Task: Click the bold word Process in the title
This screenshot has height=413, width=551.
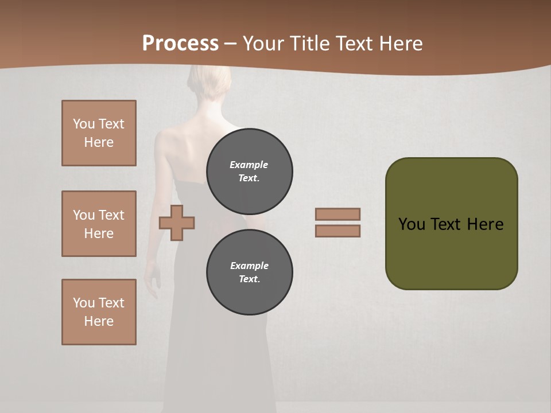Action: tap(180, 43)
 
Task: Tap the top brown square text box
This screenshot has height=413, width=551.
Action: tap(99, 133)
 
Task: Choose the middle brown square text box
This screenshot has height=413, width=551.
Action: tap(99, 224)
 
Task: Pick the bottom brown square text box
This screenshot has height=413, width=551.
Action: tap(99, 312)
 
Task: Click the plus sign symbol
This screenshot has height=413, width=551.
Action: tap(177, 223)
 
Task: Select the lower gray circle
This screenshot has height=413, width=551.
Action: tap(250, 272)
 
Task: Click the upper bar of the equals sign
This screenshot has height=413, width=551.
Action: tap(337, 214)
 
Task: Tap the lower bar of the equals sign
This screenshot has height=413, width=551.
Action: tap(337, 231)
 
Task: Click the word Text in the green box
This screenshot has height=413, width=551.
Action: tap(447, 224)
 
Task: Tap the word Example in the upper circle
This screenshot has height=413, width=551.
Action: tap(249, 165)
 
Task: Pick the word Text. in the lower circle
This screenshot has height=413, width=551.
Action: tap(250, 279)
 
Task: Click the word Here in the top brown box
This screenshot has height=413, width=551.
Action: tap(99, 142)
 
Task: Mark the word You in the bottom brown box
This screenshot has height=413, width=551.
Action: tap(84, 303)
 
